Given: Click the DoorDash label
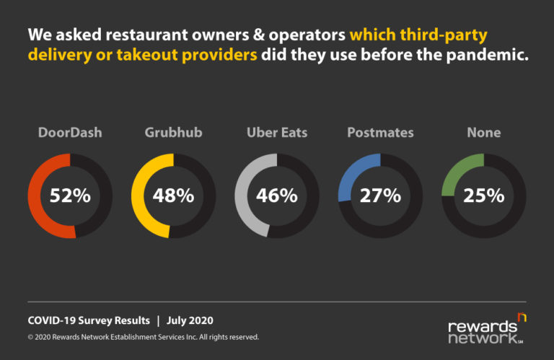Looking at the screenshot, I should pos(69,133).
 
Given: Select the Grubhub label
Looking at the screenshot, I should pos(173,133).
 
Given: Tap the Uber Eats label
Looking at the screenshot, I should pos(277,133).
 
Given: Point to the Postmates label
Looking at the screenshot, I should pos(380,133).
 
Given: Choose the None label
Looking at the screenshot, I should pos(483,133).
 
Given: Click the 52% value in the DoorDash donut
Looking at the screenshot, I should pos(70,196).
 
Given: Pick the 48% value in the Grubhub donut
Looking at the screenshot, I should pos(173,196).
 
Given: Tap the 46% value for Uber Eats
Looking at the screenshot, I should pos(277,196).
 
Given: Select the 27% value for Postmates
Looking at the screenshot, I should pos(380,196).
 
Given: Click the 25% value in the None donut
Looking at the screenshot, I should pos(483,196).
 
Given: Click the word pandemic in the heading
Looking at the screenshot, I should pos(488,55).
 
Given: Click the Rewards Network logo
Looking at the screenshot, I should pos(487,329).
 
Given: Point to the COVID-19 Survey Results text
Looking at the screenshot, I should pos(89,320).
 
